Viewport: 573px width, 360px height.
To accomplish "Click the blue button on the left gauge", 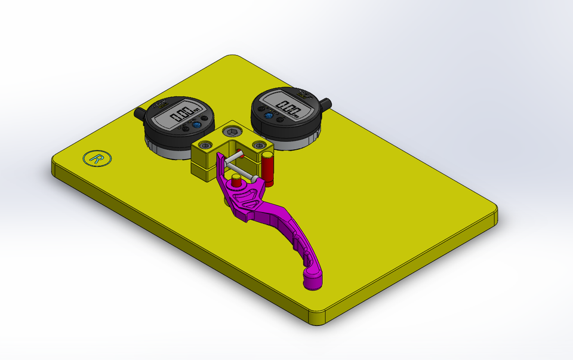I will coord(196,125).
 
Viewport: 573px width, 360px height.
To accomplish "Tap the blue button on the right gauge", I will coord(269,116).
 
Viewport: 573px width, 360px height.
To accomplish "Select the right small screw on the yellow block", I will coord(258,145).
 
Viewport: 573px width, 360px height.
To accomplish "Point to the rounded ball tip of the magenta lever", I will coord(313,280).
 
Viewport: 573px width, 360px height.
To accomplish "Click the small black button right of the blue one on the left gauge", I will coord(206,119).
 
